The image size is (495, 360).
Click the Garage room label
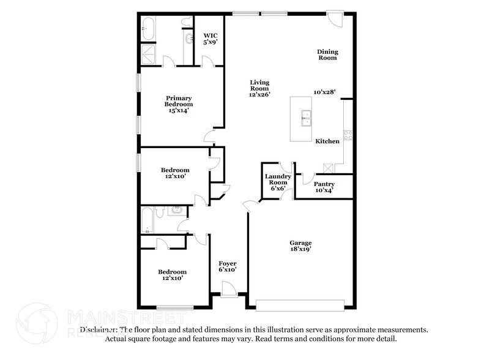click(300, 243)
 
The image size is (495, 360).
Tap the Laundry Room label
click(278, 179)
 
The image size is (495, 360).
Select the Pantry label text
click(324, 184)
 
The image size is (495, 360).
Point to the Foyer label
click(228, 263)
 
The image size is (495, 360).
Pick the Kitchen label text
click(327, 141)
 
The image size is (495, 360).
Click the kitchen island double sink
click(305, 118)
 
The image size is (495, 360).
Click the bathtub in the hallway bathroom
click(148, 221)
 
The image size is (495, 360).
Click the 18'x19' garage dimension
click(300, 250)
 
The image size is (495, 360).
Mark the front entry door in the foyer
click(228, 289)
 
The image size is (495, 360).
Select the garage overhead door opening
click(300, 304)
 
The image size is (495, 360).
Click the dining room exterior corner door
click(335, 18)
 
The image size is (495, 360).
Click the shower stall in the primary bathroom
click(148, 51)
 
